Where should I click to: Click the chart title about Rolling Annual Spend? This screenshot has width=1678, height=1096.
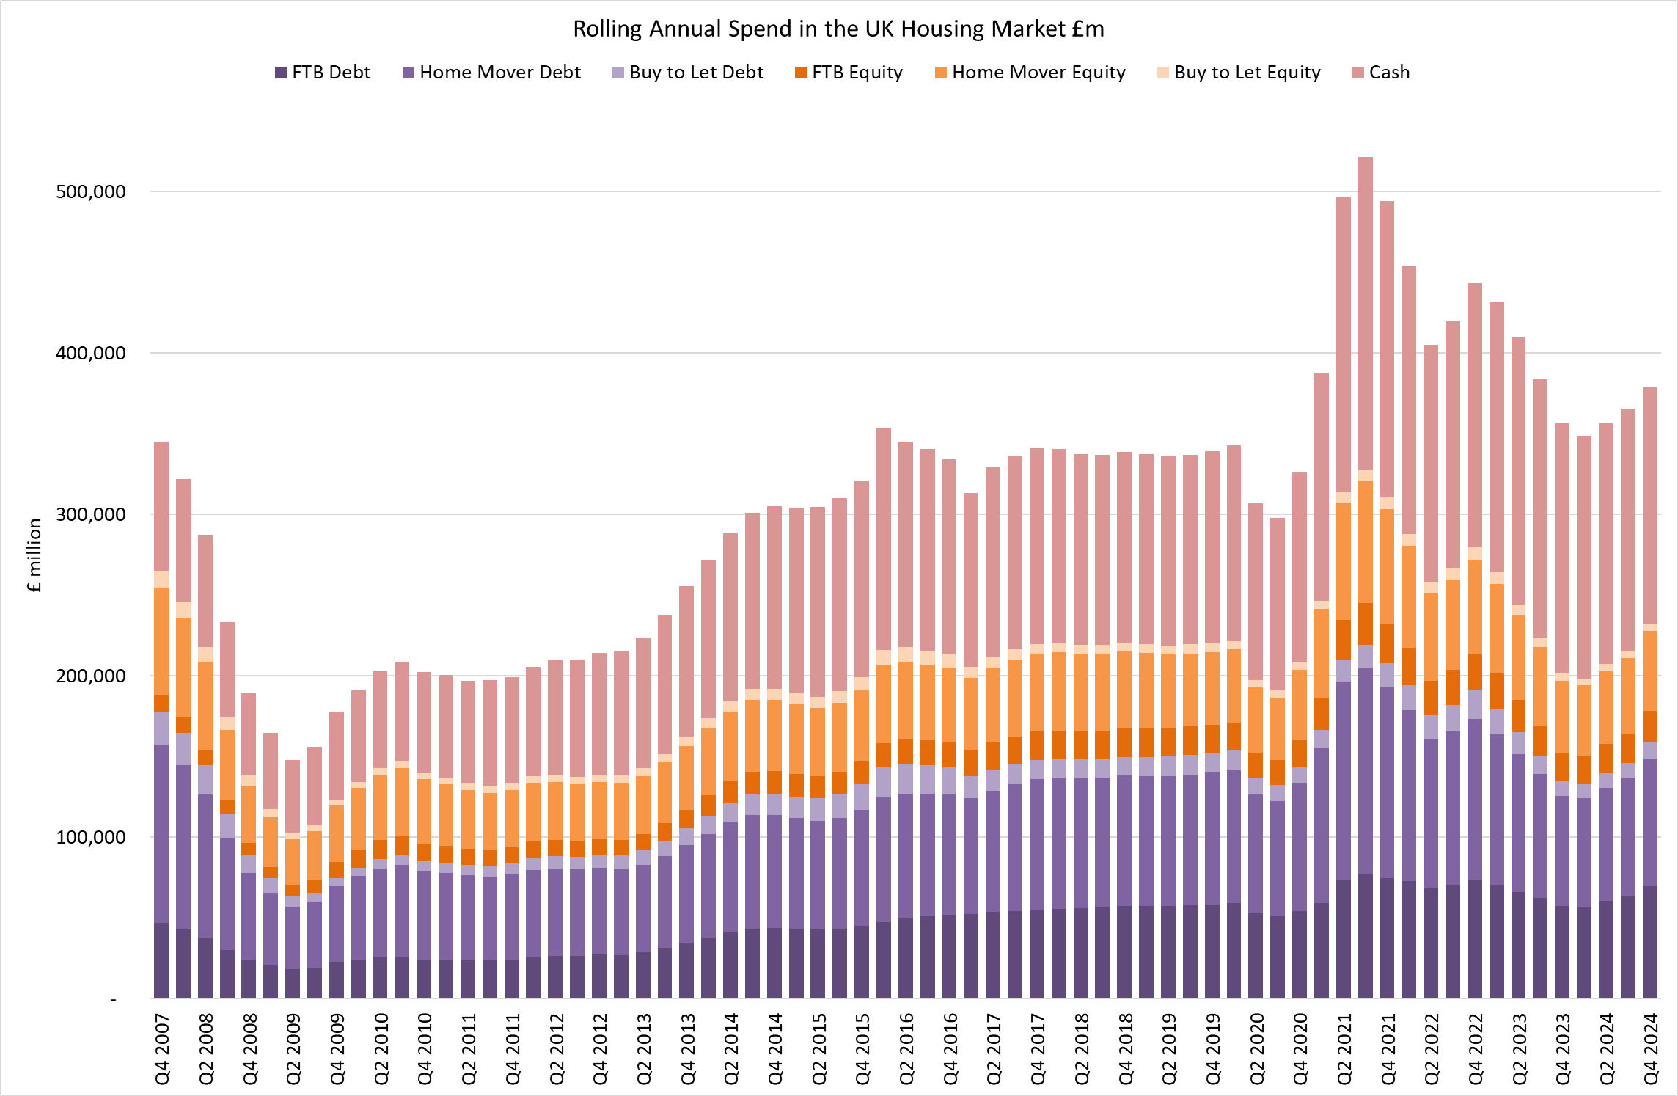click(x=838, y=29)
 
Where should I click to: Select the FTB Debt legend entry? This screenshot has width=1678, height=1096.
click(x=323, y=73)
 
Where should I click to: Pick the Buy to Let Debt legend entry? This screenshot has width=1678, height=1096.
click(x=688, y=73)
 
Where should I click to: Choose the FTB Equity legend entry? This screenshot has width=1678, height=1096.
click(x=849, y=73)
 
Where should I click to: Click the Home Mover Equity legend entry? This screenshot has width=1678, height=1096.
click(x=1030, y=73)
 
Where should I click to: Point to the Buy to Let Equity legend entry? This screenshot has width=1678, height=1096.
click(x=1239, y=73)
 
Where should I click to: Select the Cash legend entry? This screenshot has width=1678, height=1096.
click(x=1381, y=73)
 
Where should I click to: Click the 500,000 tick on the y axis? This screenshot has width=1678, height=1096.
click(x=91, y=192)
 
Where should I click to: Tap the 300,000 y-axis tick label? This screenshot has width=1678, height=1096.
click(x=91, y=515)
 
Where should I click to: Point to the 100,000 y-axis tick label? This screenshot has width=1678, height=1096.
click(x=91, y=838)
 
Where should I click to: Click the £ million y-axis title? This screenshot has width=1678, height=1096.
click(x=34, y=555)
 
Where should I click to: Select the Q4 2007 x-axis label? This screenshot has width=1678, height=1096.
click(x=162, y=1048)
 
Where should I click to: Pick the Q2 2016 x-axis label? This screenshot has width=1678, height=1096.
click(x=906, y=1048)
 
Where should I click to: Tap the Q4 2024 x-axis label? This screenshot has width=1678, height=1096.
click(x=1651, y=1048)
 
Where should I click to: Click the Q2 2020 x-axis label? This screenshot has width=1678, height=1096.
click(x=1257, y=1048)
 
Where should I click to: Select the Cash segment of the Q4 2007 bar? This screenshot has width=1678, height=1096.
click(x=161, y=506)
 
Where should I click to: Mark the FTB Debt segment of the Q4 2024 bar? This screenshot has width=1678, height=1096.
click(x=1650, y=942)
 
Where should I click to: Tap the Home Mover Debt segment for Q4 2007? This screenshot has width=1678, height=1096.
click(x=161, y=834)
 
